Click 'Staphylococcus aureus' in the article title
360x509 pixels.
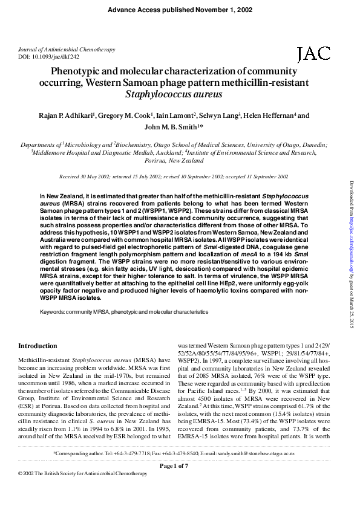pyautogui.click(x=174, y=94)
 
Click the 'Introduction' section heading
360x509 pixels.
pyautogui.click(x=38, y=346)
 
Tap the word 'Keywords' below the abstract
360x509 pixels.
pyautogui.click(x=53, y=312)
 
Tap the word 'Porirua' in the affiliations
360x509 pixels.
pyautogui.click(x=155, y=161)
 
